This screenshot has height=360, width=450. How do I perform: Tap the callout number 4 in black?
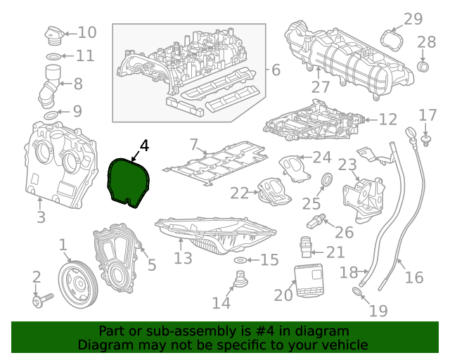tap(143, 146)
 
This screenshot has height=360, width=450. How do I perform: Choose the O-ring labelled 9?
tap(51, 114)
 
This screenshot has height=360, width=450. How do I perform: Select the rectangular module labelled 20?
tap(308, 283)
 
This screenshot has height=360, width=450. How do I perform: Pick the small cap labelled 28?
tap(423, 67)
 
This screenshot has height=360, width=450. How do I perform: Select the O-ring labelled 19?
tap(357, 292)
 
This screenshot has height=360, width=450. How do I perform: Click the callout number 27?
tap(321, 86)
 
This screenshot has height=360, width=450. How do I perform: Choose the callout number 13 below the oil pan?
tap(183, 258)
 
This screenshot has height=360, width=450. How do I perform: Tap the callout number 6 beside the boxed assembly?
tap(275, 70)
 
